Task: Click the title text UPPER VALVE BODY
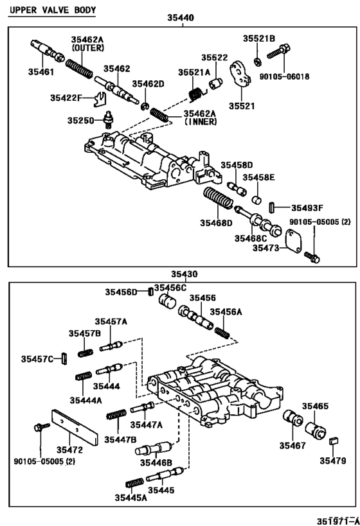click(53, 10)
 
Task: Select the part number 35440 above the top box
click(181, 19)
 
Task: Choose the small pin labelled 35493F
click(273, 207)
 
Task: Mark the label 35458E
click(262, 177)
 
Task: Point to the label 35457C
click(37, 359)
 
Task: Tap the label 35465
click(316, 407)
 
